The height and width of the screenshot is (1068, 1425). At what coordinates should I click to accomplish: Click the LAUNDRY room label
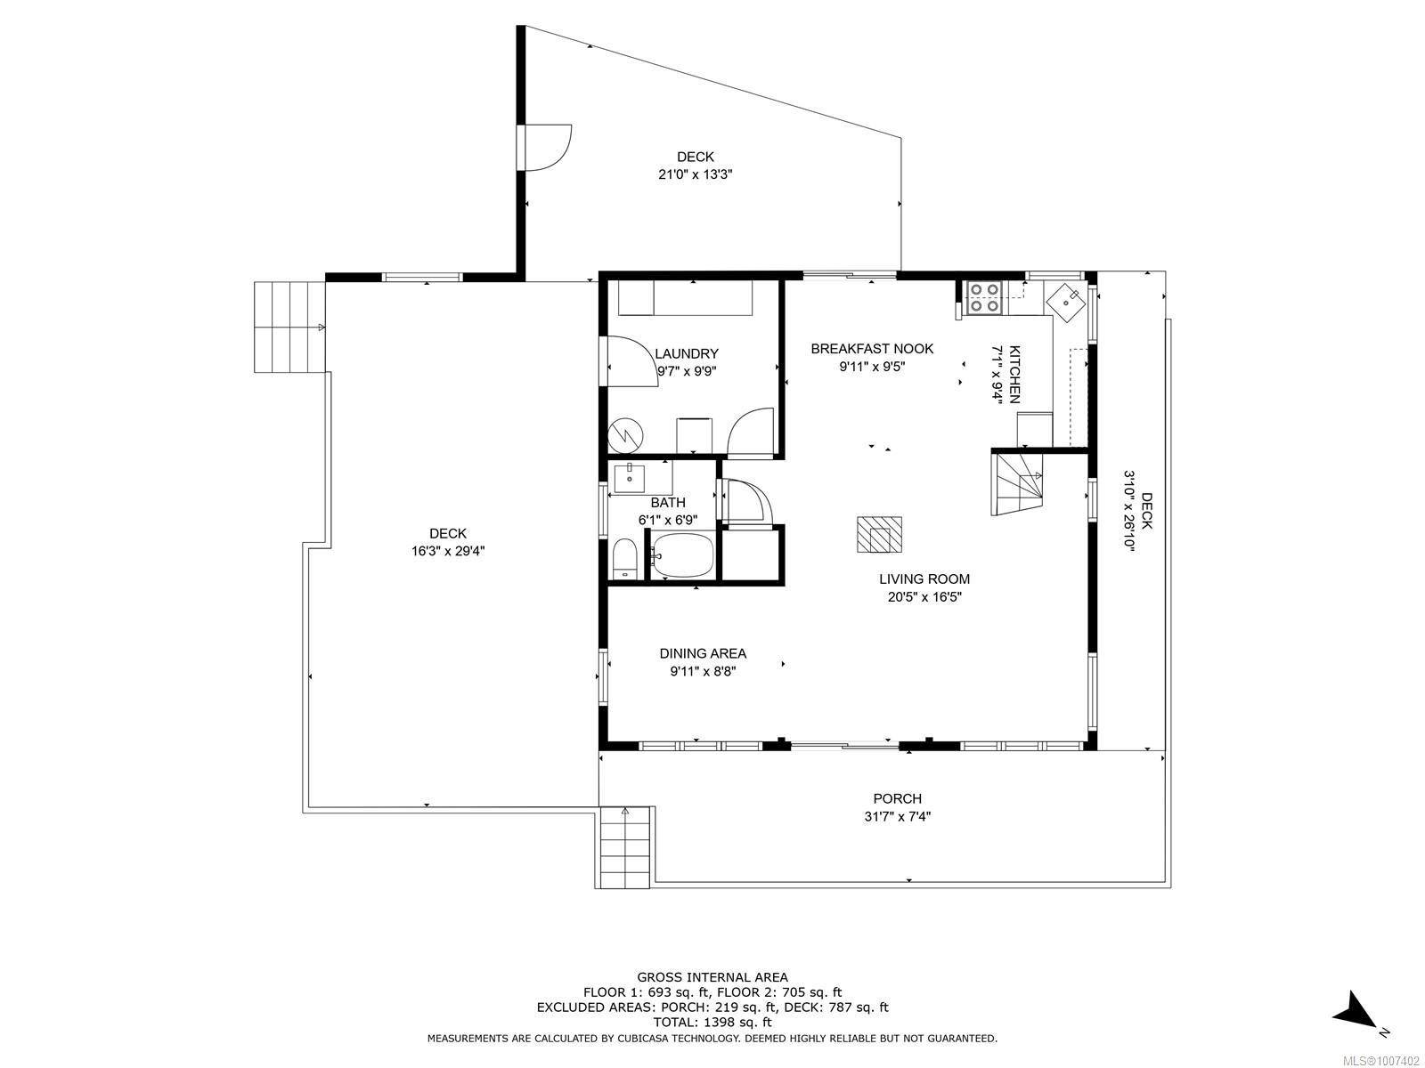coord(686,353)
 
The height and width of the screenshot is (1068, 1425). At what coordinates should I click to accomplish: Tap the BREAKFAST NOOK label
coord(872,349)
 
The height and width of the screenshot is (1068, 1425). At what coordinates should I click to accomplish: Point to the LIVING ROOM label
coord(924,579)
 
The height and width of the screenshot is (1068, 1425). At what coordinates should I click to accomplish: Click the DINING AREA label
coord(703,653)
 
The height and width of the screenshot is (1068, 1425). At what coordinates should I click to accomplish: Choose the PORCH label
coord(897,799)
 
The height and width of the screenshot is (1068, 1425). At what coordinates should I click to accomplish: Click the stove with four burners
coord(984,298)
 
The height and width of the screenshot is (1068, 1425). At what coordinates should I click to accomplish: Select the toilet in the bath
coord(626,558)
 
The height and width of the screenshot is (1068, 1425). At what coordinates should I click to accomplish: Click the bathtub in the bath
coord(682,555)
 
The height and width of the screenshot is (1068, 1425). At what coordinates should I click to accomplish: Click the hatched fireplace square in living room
coord(880,534)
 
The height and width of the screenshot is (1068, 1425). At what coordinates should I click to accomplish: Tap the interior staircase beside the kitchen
coord(1016,484)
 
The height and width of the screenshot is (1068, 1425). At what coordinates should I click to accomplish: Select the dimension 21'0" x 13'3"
coord(696,174)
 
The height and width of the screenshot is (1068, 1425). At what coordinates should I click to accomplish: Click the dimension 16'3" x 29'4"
coord(448,551)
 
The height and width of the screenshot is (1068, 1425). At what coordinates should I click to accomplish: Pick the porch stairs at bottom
coord(624,847)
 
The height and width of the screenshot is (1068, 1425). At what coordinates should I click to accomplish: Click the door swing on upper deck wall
coord(545,149)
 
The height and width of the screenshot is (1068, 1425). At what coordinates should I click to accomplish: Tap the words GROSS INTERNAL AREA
coord(712,977)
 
